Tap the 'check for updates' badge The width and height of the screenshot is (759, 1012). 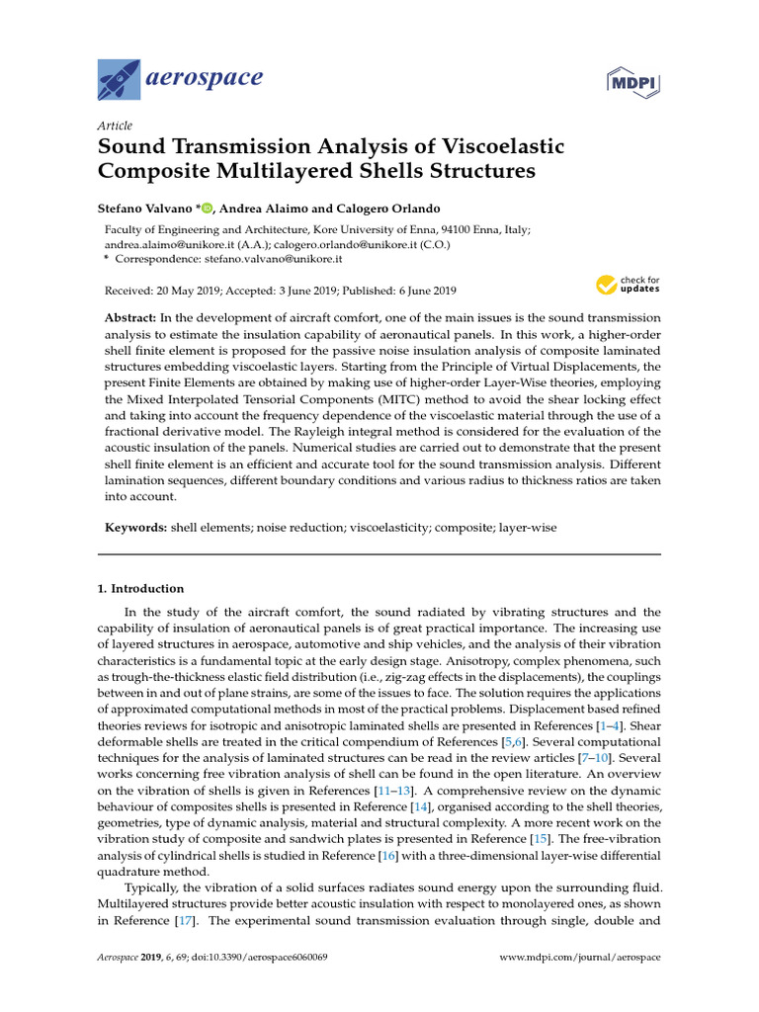pyautogui.click(x=628, y=286)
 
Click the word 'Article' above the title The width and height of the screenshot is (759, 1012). pyautogui.click(x=115, y=126)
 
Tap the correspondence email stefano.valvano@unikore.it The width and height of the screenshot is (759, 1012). pyautogui.click(x=273, y=258)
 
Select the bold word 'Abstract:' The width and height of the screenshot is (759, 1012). pyautogui.click(x=134, y=318)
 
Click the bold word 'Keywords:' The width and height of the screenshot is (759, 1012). pyautogui.click(x=136, y=528)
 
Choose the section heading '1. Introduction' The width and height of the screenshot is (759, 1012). pyautogui.click(x=140, y=588)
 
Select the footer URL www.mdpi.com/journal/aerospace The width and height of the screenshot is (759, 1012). pyautogui.click(x=579, y=958)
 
